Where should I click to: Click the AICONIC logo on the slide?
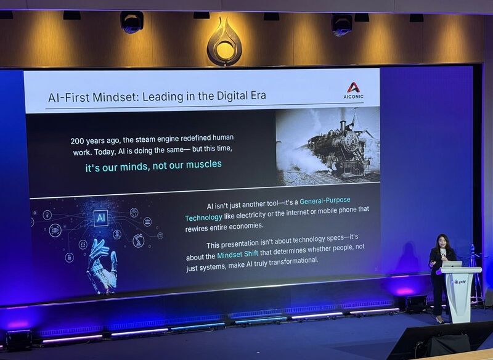(353, 91)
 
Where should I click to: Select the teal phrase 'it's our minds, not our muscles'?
(153, 166)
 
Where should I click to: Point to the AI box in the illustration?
(101, 218)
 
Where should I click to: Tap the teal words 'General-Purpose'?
(325, 200)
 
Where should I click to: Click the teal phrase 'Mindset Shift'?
(238, 254)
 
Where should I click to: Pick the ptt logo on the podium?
(460, 282)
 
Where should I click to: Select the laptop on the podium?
(452, 264)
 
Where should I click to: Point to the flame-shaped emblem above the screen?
(224, 42)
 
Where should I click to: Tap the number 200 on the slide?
(76, 141)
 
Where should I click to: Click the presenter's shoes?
(441, 320)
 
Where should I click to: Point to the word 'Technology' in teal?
(203, 218)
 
